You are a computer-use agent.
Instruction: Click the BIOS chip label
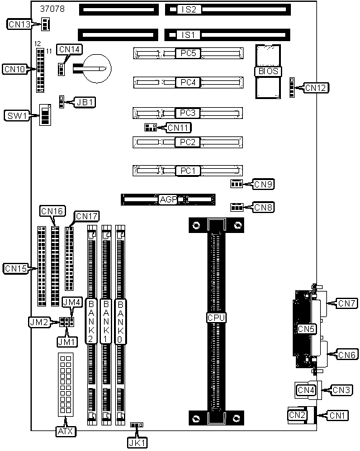[268, 72]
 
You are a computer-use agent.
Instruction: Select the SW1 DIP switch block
[45, 115]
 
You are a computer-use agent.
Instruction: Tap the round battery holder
[97, 69]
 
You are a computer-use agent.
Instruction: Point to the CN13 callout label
[19, 24]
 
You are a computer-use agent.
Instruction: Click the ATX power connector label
[66, 431]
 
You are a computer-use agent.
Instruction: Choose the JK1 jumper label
[138, 443]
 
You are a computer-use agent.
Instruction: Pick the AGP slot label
[168, 199]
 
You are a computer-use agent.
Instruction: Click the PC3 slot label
[187, 113]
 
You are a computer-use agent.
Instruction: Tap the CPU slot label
[216, 318]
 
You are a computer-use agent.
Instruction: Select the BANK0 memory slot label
[120, 322]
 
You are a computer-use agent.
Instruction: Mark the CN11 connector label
[179, 128]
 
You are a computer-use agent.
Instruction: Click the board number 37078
[52, 9]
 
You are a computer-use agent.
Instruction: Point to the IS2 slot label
[189, 9]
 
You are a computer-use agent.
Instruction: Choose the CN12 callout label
[316, 88]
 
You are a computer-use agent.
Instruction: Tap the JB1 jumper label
[85, 102]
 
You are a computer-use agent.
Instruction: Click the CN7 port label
[348, 303]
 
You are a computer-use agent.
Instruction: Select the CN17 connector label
[87, 216]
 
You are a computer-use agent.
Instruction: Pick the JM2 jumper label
[39, 322]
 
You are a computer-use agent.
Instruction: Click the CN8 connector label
[263, 207]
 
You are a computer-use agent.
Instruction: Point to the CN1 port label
[338, 415]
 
